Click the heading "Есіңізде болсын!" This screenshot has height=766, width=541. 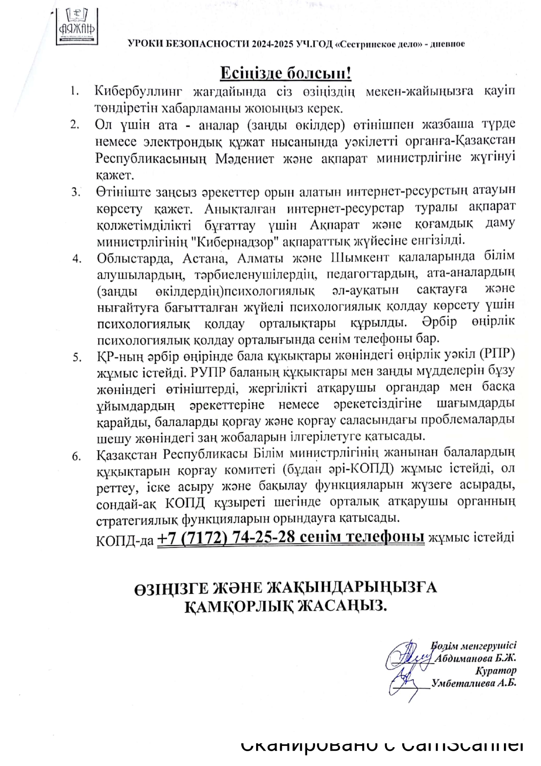coord(285,73)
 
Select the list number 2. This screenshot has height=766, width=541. coord(74,124)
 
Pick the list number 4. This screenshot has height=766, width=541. coord(77,258)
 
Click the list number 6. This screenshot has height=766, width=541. coord(77,457)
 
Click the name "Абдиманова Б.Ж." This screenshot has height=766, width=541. coord(476,659)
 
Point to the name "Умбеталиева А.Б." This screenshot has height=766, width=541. coord(474,683)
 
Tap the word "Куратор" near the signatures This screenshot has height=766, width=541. coord(496,671)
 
